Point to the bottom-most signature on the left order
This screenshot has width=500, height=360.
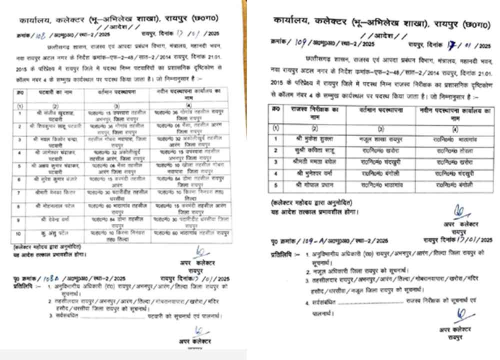[x=198, y=330]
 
